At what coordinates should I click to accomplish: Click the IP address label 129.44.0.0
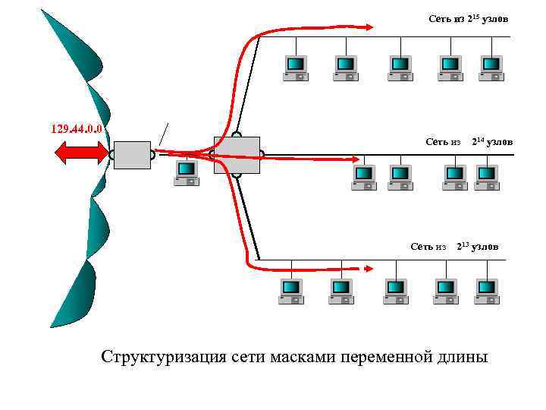(x=77, y=128)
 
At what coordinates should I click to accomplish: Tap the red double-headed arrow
(x=80, y=153)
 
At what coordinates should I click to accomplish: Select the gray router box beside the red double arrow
(x=132, y=154)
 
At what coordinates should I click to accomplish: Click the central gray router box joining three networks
(x=237, y=155)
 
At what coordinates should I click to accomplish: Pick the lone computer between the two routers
(x=186, y=172)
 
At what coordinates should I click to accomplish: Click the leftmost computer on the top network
(x=295, y=67)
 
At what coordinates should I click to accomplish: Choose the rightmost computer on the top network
(x=491, y=67)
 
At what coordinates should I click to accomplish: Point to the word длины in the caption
(x=463, y=357)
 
